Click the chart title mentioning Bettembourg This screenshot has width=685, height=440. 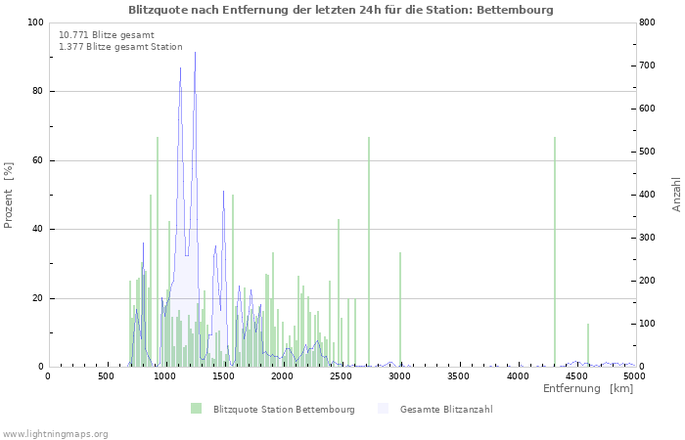click(341, 10)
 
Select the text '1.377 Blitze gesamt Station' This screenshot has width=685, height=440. click(120, 46)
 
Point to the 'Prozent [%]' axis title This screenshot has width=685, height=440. click(9, 195)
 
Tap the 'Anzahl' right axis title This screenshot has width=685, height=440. click(676, 195)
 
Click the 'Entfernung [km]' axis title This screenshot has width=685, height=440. click(587, 389)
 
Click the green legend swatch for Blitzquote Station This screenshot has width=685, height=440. click(197, 409)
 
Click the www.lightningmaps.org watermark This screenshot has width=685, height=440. click(55, 433)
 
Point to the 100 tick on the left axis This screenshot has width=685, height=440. click(35, 22)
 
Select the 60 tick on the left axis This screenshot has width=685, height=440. click(37, 160)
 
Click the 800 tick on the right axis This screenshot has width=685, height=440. click(649, 22)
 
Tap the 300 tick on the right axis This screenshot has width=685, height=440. click(649, 238)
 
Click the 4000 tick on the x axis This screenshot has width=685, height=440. click(517, 376)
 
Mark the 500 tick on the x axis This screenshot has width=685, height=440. click(106, 376)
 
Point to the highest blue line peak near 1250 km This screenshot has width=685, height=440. click(195, 53)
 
